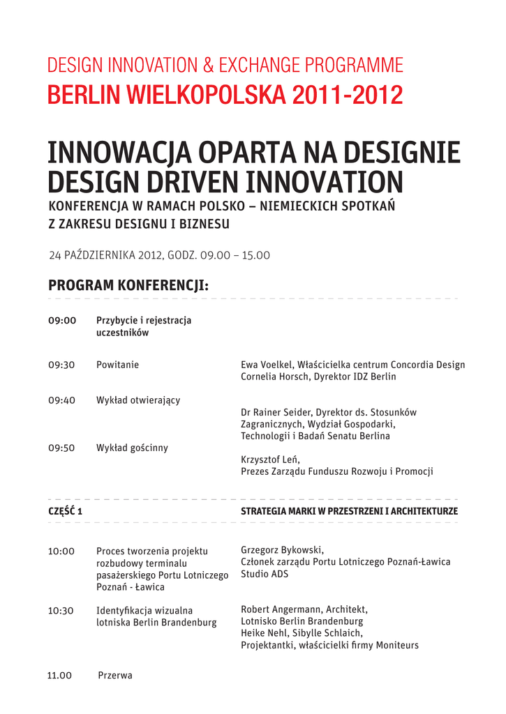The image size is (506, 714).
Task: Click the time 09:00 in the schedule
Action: coord(61,321)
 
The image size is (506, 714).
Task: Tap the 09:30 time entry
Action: coord(61,365)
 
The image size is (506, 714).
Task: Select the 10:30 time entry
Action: coord(61,611)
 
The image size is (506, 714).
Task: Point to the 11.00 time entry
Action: coord(60,675)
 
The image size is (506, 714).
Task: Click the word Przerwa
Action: coord(115,675)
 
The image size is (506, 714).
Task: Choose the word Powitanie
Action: coord(117,365)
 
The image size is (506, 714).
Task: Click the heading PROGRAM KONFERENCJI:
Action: coord(128,286)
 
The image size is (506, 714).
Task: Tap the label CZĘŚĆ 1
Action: coord(66,511)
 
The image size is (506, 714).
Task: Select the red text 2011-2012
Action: coord(348,95)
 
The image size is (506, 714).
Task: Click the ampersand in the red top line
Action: coord(209,66)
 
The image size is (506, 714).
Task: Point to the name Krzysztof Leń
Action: coord(270,459)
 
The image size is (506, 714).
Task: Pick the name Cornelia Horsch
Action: coord(274,377)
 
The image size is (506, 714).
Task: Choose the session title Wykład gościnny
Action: coord(132,448)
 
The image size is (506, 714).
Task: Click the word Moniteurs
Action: coord(396,645)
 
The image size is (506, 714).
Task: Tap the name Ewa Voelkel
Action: coord(267,365)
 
